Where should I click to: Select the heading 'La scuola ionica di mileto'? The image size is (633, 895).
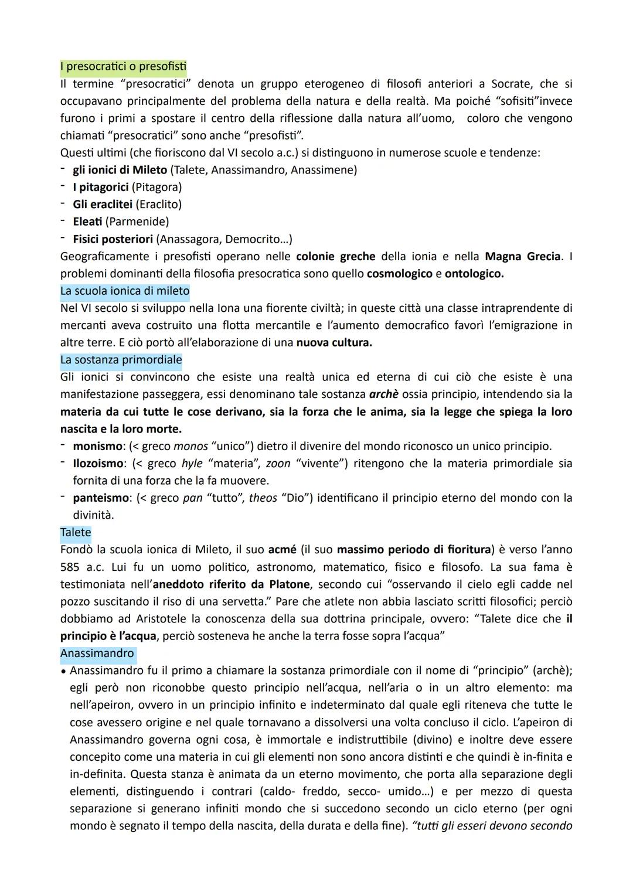(124, 291)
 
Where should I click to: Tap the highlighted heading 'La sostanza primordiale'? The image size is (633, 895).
(121, 360)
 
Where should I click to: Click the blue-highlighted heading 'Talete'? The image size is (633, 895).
(76, 532)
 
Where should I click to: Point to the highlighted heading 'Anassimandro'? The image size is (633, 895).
(97, 653)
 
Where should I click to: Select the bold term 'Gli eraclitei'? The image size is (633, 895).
(102, 205)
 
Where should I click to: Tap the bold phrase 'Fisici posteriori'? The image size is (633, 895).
(113, 239)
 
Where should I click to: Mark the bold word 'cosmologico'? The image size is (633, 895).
(399, 274)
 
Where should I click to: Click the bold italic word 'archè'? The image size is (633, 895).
(384, 394)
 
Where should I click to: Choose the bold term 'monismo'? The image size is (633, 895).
(97, 446)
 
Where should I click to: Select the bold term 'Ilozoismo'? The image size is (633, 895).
(98, 464)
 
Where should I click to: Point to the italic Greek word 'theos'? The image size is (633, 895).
(263, 498)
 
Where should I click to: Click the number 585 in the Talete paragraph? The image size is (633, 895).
(70, 567)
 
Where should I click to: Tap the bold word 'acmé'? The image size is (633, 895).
(282, 550)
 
